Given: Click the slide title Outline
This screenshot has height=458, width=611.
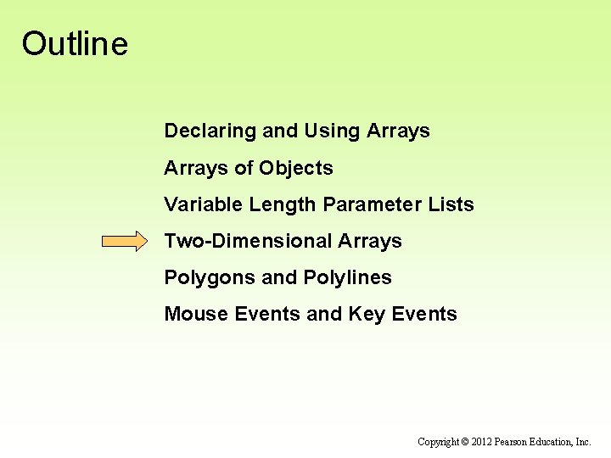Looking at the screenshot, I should [x=75, y=44].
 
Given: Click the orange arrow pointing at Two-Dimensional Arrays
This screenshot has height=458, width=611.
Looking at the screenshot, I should [x=124, y=242].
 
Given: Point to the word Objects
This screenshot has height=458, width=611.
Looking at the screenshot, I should [x=296, y=168].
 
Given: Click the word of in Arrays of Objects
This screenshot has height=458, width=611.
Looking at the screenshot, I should [x=244, y=168].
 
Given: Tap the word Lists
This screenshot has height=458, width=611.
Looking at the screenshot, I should [x=451, y=204].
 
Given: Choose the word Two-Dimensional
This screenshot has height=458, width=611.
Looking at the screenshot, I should [x=248, y=241].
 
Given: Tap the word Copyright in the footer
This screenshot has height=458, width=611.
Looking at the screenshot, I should [x=438, y=442].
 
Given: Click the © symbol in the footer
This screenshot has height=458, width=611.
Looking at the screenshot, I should [x=465, y=442].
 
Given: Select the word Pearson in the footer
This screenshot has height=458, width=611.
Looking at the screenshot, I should [x=513, y=442].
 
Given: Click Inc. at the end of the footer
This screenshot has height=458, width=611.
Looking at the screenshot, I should [x=583, y=442].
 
